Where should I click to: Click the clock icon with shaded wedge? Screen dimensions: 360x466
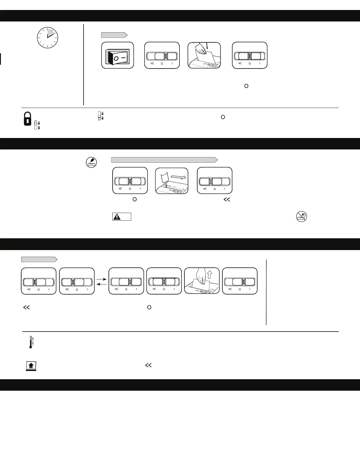click(47, 38)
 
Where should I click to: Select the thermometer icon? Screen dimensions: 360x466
click(31, 342)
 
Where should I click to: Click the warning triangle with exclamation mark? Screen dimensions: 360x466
click(117, 217)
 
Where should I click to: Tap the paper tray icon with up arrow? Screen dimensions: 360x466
click(31, 366)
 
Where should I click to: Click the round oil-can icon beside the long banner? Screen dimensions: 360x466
click(91, 162)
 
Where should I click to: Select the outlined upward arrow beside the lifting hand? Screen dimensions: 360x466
click(209, 274)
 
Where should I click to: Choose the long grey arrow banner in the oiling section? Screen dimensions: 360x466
click(164, 160)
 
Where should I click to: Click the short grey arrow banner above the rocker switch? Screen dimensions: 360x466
click(114, 35)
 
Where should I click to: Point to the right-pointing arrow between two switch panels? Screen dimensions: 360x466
click(101, 278)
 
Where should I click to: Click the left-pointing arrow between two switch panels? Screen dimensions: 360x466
click(101, 284)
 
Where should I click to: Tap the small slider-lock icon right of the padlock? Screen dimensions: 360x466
click(37, 125)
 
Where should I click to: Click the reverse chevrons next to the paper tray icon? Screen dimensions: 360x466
click(148, 365)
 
